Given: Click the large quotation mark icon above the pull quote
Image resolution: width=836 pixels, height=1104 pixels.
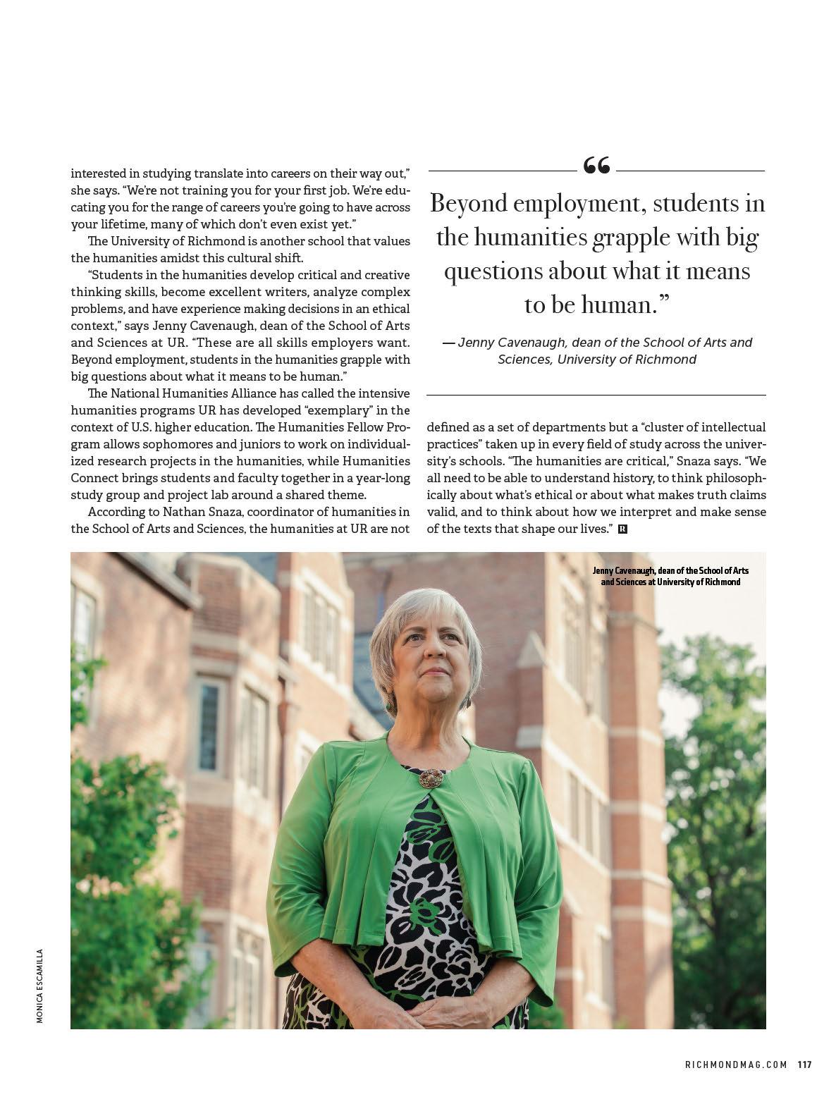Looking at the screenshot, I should (596, 166).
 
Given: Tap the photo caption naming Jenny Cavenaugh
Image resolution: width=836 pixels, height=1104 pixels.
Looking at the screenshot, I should (670, 576).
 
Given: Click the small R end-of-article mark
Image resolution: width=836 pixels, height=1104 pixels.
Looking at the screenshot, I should (622, 529).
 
